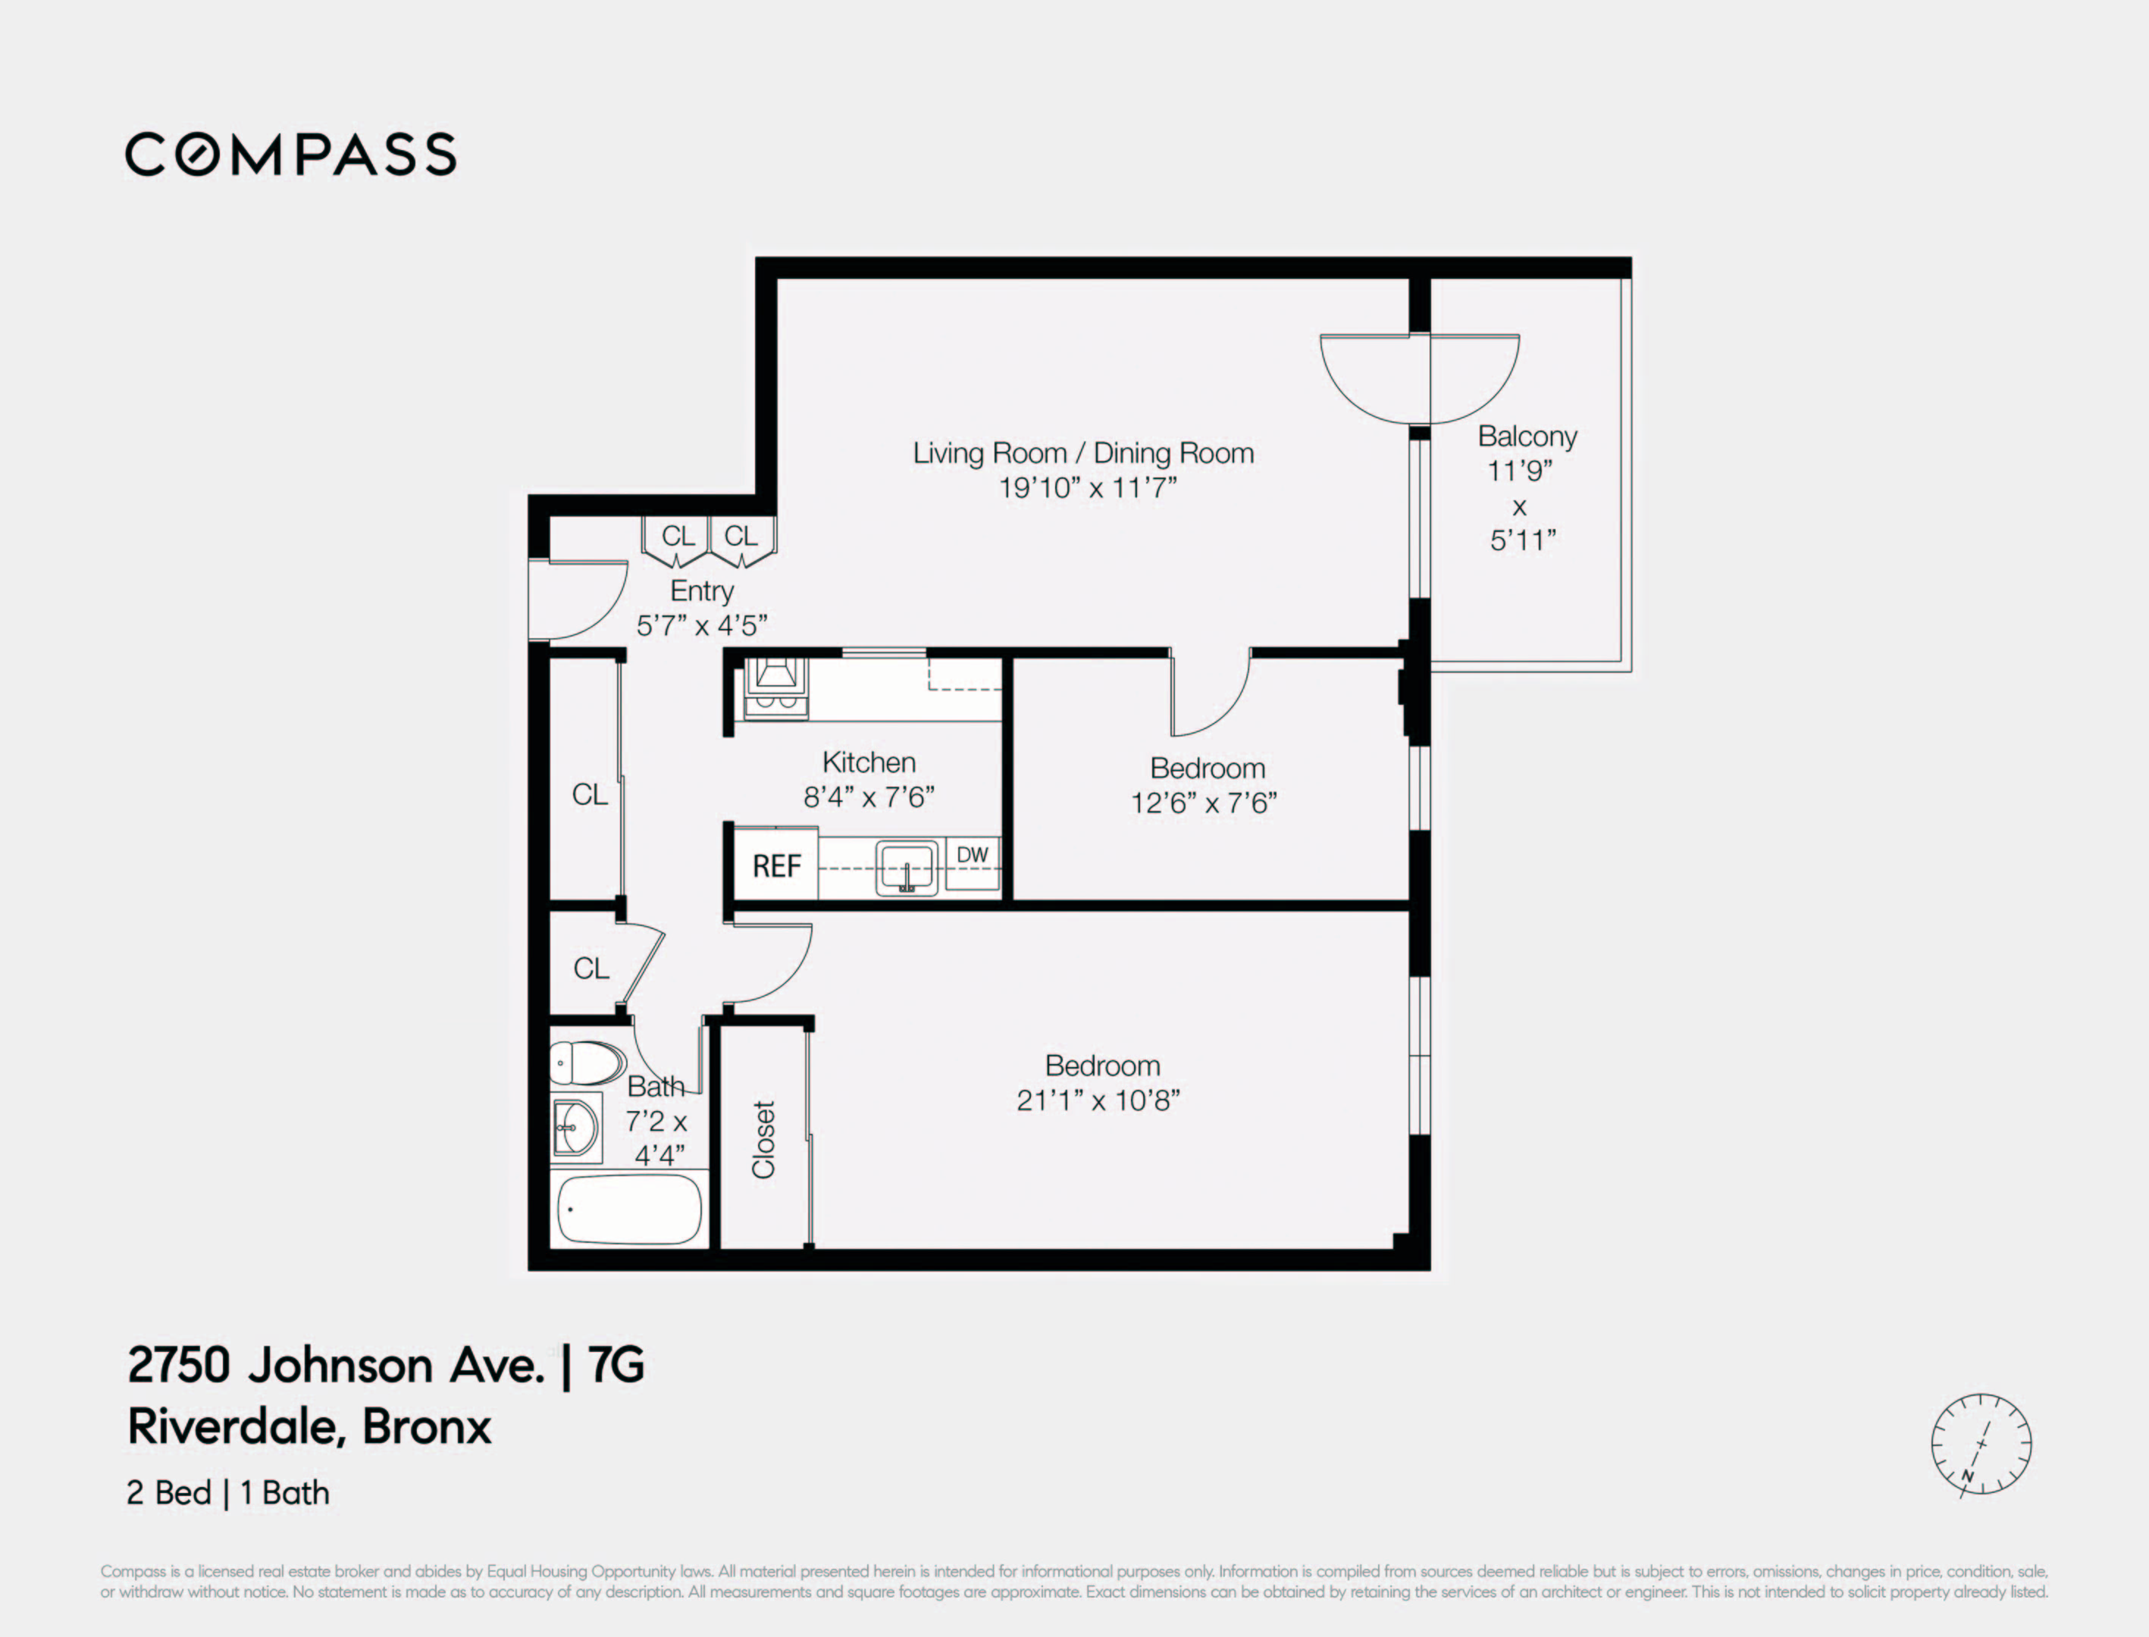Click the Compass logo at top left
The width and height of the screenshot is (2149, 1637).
coord(290,155)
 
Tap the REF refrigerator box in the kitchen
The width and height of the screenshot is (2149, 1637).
coord(775,865)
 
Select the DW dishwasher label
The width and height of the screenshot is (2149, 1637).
coord(972,855)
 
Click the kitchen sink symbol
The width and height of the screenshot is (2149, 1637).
coord(907,866)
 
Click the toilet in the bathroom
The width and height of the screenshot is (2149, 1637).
coord(587,1062)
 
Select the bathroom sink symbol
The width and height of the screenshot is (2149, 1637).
coord(576,1128)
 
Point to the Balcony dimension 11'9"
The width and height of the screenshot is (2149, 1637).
coord(1518,471)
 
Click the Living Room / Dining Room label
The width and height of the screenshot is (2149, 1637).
coord(1082,453)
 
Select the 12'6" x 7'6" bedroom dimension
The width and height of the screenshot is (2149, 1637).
coord(1204,803)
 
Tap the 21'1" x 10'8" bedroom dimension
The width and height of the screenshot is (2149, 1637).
coord(1098,1100)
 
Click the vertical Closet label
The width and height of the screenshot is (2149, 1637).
coord(763,1139)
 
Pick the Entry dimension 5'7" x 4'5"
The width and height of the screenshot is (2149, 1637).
coord(702,624)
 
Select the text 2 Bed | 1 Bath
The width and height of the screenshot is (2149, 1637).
coord(228,1493)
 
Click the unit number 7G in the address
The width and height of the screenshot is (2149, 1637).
coord(616,1365)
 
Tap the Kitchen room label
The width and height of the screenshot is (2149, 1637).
coord(869,762)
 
